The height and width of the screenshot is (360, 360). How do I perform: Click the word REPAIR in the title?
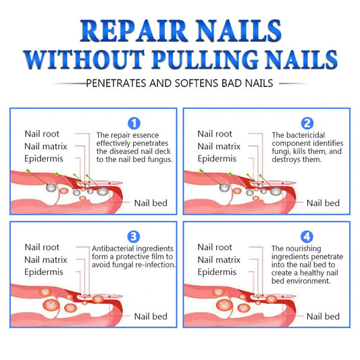(134, 31)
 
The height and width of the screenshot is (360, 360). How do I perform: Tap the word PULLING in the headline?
(205, 59)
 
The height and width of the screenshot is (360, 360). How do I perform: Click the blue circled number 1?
(134, 123)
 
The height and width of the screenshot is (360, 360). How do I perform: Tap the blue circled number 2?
(307, 123)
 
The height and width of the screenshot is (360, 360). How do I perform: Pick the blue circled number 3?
(134, 236)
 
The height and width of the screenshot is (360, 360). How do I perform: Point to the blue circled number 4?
(307, 236)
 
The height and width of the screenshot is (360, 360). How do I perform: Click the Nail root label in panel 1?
(42, 134)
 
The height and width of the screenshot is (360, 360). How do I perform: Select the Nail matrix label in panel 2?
(219, 147)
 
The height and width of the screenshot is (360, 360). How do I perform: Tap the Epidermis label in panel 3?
(44, 272)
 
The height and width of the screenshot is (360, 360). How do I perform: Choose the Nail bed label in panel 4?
(323, 316)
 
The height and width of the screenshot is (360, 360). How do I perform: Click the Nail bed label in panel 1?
(151, 203)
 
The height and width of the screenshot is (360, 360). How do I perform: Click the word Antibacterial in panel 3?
(112, 249)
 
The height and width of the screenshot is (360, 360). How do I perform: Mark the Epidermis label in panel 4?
(217, 272)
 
